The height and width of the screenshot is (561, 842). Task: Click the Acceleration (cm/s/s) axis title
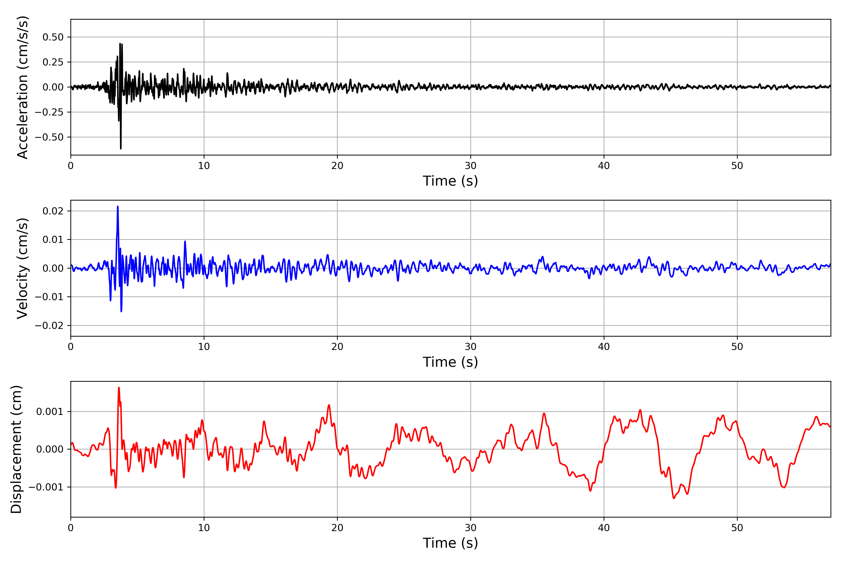pyautogui.click(x=22, y=87)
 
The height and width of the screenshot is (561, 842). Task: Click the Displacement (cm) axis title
pyautogui.click(x=16, y=449)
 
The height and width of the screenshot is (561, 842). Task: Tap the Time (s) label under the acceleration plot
pyautogui.click(x=450, y=181)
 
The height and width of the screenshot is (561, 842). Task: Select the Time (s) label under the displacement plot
pyautogui.click(x=450, y=543)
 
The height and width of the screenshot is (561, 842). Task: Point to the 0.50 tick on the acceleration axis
pyautogui.click(x=53, y=37)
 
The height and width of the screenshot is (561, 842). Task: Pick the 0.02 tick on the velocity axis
pyautogui.click(x=53, y=211)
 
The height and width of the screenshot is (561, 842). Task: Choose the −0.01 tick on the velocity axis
pyautogui.click(x=49, y=297)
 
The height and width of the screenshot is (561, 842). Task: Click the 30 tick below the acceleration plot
pyautogui.click(x=470, y=166)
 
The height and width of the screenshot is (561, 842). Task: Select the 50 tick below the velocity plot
pyautogui.click(x=737, y=347)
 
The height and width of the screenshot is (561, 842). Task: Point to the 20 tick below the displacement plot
pyautogui.click(x=337, y=528)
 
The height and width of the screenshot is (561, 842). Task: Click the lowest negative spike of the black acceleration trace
pyautogui.click(x=121, y=148)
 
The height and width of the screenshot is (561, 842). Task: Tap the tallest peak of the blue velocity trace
pyautogui.click(x=118, y=206)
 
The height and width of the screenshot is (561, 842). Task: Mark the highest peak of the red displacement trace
pyautogui.click(x=119, y=388)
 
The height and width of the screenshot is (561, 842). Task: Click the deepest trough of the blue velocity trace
pyautogui.click(x=121, y=311)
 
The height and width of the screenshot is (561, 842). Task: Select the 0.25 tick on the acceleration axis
pyautogui.click(x=53, y=62)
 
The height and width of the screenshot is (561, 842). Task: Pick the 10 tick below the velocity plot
pyautogui.click(x=204, y=347)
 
